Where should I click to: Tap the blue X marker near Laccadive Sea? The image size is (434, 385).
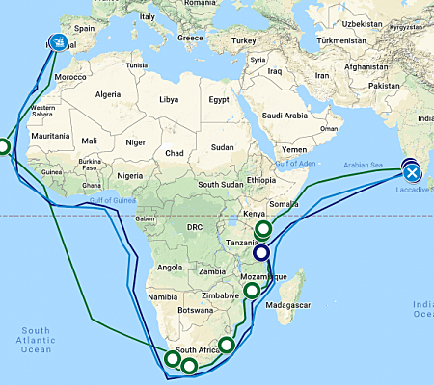[x=412, y=173]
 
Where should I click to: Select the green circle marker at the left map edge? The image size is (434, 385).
[x=3, y=147]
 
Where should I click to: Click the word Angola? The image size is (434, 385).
[x=170, y=267]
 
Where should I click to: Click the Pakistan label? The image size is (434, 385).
[x=384, y=87]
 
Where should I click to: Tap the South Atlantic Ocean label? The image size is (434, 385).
[x=33, y=339]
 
